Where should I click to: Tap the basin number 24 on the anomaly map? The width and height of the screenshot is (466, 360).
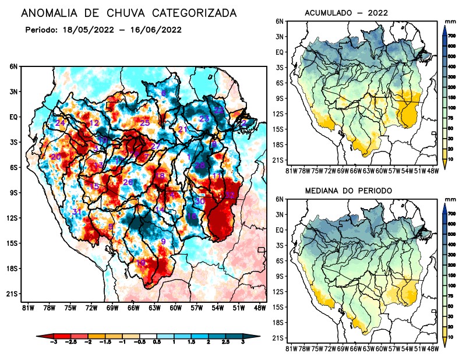(60, 123)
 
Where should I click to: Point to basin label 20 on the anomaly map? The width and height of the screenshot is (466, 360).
(56, 157)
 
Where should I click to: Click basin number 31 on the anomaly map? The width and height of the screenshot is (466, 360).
(77, 211)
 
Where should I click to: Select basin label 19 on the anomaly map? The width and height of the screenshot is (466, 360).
(140, 263)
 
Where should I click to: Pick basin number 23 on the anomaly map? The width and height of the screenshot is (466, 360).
(204, 119)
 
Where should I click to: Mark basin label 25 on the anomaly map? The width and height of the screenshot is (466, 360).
(145, 122)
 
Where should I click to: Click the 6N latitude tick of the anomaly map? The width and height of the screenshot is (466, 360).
(13, 66)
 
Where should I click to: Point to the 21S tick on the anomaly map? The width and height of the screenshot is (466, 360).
(12, 294)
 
